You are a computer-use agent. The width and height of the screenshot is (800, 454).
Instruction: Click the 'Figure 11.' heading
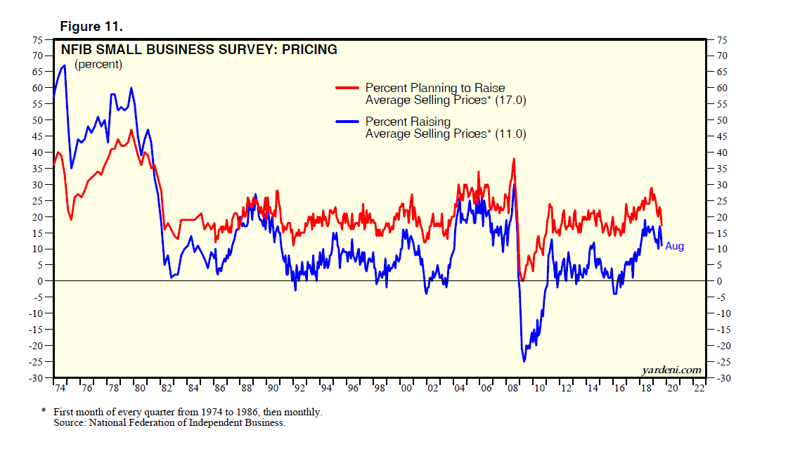91,27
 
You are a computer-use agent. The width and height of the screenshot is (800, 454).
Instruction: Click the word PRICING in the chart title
305,50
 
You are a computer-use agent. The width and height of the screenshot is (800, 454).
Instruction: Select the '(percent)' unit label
98,65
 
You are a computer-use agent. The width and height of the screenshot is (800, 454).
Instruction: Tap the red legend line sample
348,88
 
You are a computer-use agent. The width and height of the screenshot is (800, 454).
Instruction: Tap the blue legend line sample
348,122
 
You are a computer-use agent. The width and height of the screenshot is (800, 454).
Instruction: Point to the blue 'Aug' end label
674,247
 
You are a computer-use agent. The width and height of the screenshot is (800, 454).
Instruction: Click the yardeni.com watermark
672,370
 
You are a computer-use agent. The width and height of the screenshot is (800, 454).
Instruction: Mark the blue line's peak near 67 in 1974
65,65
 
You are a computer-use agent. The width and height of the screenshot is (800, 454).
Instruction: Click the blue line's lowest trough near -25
524,361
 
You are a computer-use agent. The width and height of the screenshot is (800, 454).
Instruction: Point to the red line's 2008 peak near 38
515,159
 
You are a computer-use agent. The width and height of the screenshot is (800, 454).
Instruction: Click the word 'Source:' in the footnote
71,423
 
